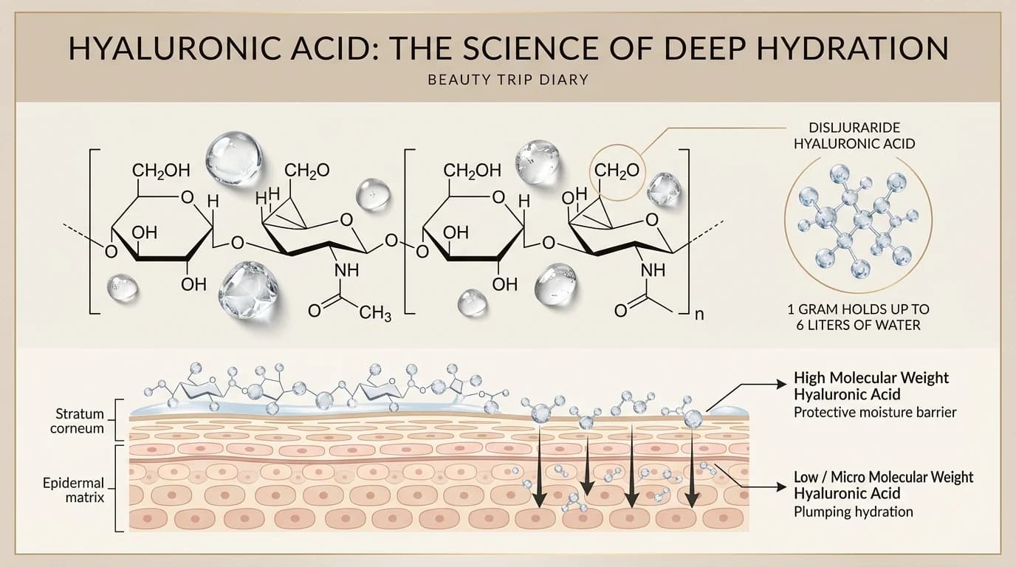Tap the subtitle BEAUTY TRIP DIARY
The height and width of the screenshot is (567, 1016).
[508, 80]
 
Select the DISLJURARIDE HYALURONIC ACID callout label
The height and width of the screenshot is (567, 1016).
[854, 136]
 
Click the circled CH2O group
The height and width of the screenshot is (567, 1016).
[617, 171]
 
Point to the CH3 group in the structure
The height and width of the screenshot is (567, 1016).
[375, 312]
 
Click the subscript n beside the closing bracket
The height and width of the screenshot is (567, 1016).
[699, 314]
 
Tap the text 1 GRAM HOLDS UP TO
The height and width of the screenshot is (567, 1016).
[858, 309]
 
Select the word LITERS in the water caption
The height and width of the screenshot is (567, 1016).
[845, 326]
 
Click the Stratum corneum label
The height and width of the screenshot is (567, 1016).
[77, 421]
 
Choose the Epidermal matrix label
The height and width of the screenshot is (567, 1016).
[74, 490]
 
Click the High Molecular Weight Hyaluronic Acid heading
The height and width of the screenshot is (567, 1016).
[871, 386]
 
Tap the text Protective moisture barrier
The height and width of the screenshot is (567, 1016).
[875, 412]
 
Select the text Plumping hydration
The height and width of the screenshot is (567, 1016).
[853, 512]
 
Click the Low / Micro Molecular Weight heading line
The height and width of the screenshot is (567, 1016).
[884, 477]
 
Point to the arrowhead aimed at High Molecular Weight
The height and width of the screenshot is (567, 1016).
[781, 384]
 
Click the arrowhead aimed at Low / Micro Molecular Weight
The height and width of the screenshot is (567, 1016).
[781, 487]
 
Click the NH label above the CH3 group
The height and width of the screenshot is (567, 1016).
[346, 270]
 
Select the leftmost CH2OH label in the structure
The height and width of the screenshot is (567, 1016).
[161, 171]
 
